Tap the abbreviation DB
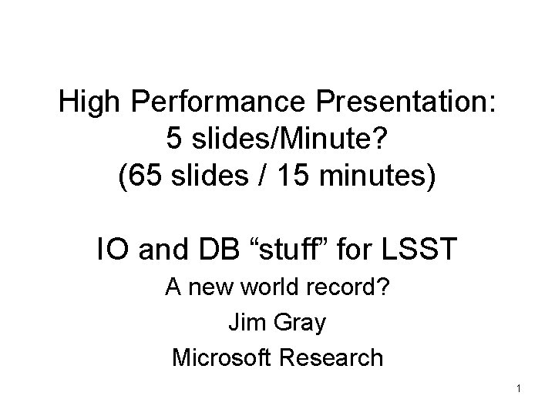pyautogui.click(x=203, y=250)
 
